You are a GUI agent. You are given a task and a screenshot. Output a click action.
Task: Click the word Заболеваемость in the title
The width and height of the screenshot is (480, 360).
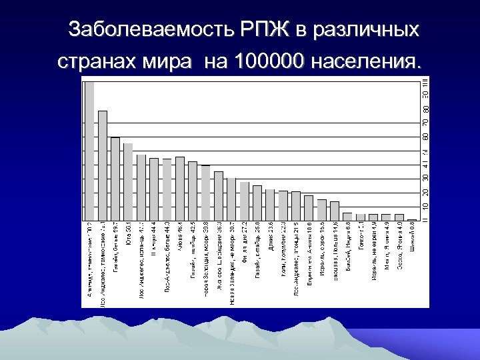pos(143,30)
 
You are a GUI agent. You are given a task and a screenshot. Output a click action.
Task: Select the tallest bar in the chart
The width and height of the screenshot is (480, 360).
pos(89,150)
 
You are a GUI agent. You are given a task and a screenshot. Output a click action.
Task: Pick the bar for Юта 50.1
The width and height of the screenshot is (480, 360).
pos(128,181)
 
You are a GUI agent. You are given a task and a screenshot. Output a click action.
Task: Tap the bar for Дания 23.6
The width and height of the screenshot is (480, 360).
pos(270,205)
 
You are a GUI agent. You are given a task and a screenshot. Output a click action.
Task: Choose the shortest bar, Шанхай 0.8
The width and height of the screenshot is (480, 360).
pos(412,219)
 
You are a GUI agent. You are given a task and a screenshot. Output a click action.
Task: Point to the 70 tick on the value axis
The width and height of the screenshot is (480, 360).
pos(425,122)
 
